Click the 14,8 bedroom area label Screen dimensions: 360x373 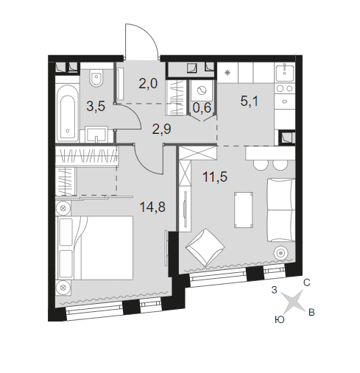[x=152, y=207]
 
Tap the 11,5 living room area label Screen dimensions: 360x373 [x=215, y=177]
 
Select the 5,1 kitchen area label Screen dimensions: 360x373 [x=250, y=101]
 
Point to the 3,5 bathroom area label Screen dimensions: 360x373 [x=96, y=107]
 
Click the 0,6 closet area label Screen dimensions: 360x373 [x=202, y=107]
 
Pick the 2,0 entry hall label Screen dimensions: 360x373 [x=148, y=84]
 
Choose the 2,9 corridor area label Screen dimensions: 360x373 [x=161, y=129]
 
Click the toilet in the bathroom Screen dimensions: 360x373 [x=96, y=78]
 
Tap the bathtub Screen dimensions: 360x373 [x=67, y=113]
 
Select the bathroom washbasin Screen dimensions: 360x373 [x=96, y=134]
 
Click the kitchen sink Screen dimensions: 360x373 [x=285, y=73]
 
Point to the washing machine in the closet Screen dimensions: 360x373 [x=202, y=91]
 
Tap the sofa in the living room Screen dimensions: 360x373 [x=281, y=210]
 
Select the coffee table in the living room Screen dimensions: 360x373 [x=244, y=210]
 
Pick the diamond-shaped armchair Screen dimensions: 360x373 [x=205, y=247]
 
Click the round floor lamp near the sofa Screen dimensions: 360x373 [x=281, y=252]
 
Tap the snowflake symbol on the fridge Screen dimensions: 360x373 [x=227, y=73]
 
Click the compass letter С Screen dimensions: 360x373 [x=307, y=283]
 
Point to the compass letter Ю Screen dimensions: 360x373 [x=279, y=319]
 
